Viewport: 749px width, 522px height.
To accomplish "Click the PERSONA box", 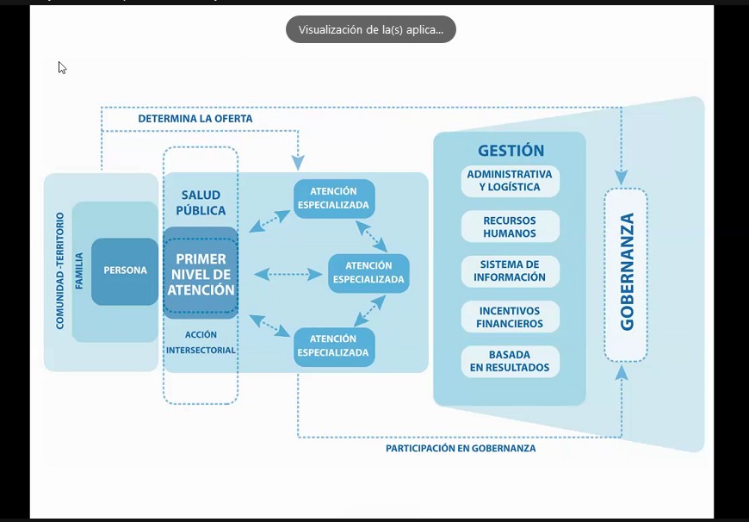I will (x=125, y=270).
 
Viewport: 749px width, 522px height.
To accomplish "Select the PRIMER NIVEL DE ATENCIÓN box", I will (x=201, y=274).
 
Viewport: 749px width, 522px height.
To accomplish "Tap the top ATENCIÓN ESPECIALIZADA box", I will (x=333, y=198).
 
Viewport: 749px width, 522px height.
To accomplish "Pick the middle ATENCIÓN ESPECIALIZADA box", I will (x=368, y=272).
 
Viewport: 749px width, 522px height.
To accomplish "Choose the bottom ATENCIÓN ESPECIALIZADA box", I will (x=333, y=346).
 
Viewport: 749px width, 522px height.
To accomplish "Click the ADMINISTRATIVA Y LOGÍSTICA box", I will (x=510, y=181).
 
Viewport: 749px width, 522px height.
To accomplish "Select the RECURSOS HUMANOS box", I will (x=510, y=227).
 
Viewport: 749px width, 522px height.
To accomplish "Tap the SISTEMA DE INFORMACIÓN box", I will (x=510, y=271).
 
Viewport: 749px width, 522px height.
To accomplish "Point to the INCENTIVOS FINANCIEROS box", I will (x=510, y=317).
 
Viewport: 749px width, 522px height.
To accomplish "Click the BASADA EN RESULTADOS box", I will (x=510, y=361).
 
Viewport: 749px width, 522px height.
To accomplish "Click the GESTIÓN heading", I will (x=511, y=151).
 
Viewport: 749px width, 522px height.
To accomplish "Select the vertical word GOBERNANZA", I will (x=627, y=272).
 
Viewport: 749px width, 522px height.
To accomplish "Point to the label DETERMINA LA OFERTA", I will (x=195, y=118).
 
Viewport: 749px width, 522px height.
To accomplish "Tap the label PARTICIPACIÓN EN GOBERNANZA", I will (x=461, y=449).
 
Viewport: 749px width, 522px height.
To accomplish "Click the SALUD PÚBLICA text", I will (x=201, y=203).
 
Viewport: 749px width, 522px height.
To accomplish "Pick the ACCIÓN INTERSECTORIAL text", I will (x=201, y=342).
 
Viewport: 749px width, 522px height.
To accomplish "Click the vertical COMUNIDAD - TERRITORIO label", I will (x=59, y=271).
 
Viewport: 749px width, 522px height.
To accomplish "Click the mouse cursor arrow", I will (x=62, y=67).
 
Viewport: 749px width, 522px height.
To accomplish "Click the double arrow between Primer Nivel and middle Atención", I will (x=282, y=274).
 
